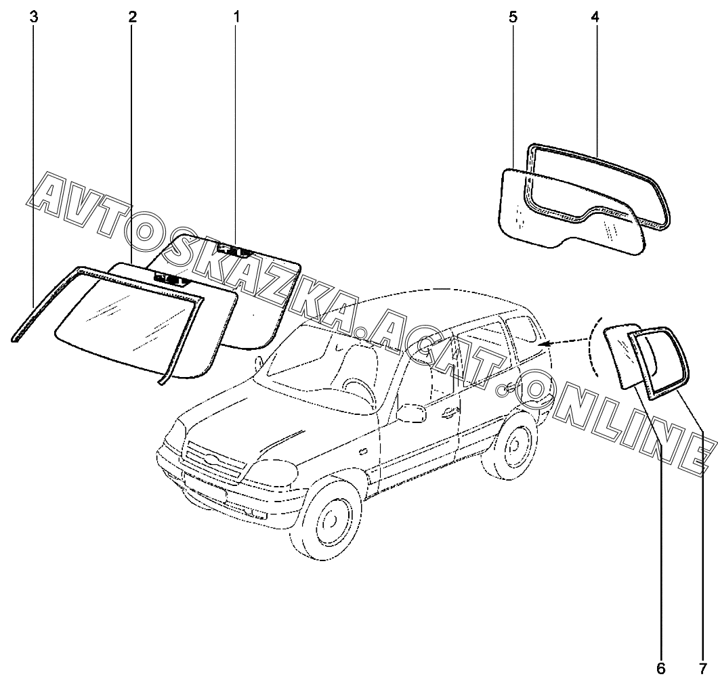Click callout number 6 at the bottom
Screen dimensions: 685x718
[x=661, y=669]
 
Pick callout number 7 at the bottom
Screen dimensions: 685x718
[x=704, y=669]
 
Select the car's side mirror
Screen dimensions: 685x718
[x=409, y=413]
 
